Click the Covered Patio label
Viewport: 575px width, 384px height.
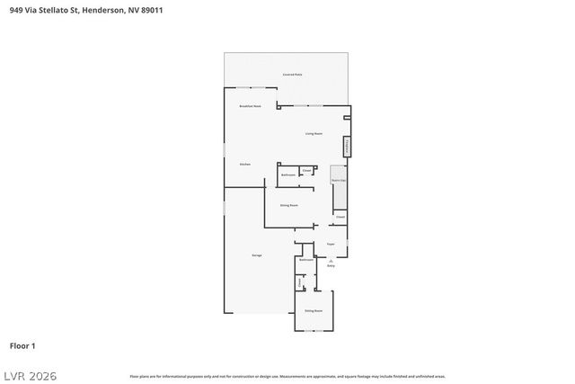click(292, 75)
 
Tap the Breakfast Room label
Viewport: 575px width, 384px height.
click(250, 107)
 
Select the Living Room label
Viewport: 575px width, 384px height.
click(313, 133)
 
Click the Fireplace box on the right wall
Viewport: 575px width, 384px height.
click(346, 147)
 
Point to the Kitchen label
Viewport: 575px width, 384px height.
click(244, 165)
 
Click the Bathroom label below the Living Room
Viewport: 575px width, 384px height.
click(288, 174)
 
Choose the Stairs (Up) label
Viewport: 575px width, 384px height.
click(339, 181)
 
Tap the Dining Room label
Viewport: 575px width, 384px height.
click(289, 206)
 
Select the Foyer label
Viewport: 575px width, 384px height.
click(330, 243)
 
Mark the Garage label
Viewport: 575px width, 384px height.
click(257, 256)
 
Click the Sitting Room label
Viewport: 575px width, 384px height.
click(313, 310)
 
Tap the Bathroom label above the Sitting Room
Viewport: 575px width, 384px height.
click(305, 259)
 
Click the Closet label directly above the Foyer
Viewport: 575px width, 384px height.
click(341, 217)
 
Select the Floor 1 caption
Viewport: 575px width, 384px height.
click(22, 345)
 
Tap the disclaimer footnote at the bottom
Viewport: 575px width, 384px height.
click(287, 376)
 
